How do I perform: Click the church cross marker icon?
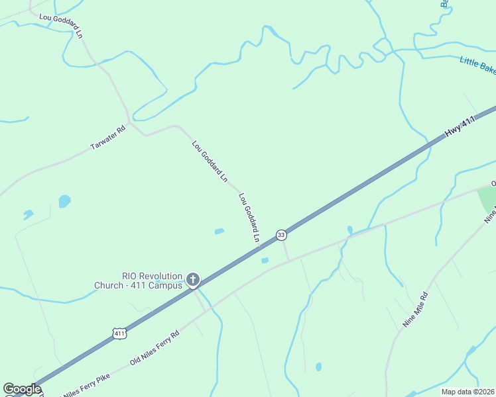click(x=193, y=280)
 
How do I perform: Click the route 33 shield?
click(x=282, y=235)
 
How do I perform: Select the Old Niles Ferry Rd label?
click(x=155, y=349)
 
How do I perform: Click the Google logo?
click(x=23, y=389)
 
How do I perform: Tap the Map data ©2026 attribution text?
click(x=468, y=392)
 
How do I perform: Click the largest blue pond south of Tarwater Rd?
click(x=64, y=200)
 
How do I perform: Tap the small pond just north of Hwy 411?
click(x=219, y=231)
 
